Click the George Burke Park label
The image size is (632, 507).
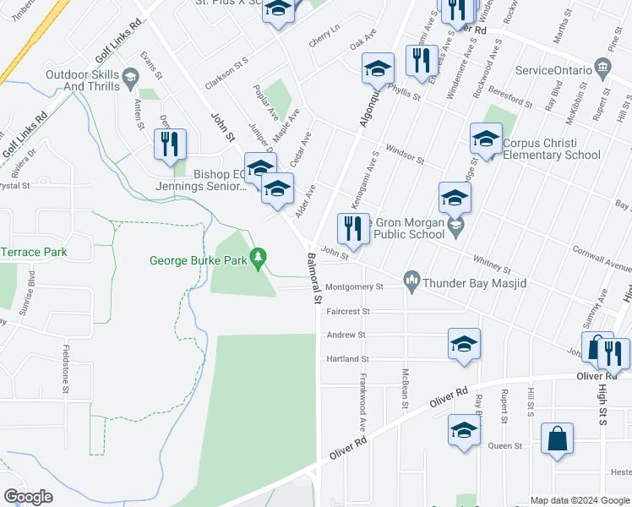pos(199,260)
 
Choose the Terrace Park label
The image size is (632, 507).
pos(34,253)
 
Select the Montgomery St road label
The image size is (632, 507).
pos(354,287)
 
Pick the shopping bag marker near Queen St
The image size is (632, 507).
pos(557,439)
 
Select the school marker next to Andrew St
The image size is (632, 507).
pos(464,345)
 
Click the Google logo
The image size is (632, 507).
pos(29,497)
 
